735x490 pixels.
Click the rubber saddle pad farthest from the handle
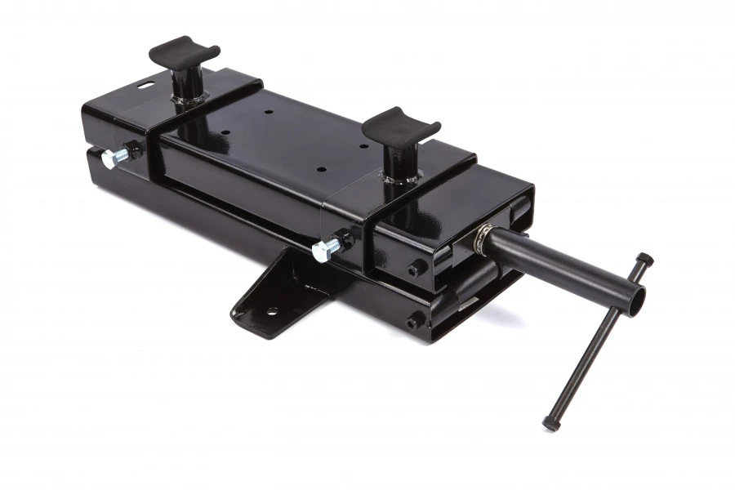click(x=185, y=52)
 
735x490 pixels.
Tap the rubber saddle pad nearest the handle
click(x=400, y=125)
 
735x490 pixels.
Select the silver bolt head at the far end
click(x=109, y=158)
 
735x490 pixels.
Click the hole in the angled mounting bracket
click(x=270, y=311)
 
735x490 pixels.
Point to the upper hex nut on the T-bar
click(x=645, y=260)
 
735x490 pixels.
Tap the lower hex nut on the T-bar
click(x=551, y=423)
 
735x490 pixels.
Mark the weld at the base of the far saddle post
click(x=189, y=100)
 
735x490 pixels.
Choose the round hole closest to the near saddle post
click(x=363, y=147)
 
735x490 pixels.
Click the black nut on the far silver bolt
click(x=133, y=150)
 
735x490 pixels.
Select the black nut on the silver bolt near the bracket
click(x=344, y=240)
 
